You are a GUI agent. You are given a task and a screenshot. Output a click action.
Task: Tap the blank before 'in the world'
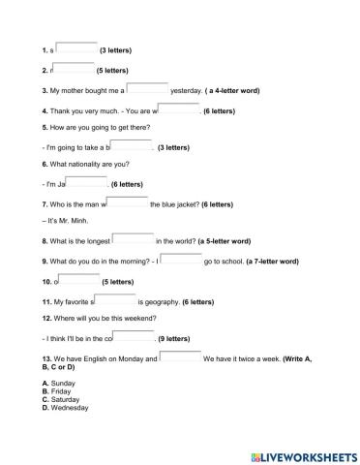pyautogui.click(x=134, y=238)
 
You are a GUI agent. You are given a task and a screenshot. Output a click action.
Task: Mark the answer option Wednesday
pyautogui.click(x=69, y=408)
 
